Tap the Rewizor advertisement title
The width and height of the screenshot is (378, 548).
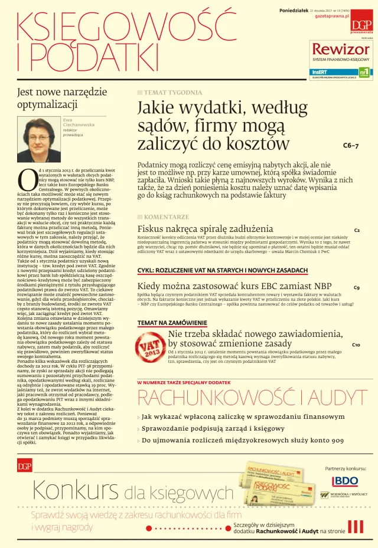(341, 49)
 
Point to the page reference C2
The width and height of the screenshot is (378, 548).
(357, 230)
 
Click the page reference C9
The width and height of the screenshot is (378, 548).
(357, 288)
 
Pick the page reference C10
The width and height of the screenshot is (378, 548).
(356, 344)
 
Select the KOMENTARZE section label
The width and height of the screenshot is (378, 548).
(166, 216)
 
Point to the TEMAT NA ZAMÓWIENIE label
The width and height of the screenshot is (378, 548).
(172, 323)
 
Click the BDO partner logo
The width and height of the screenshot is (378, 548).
(345, 481)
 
